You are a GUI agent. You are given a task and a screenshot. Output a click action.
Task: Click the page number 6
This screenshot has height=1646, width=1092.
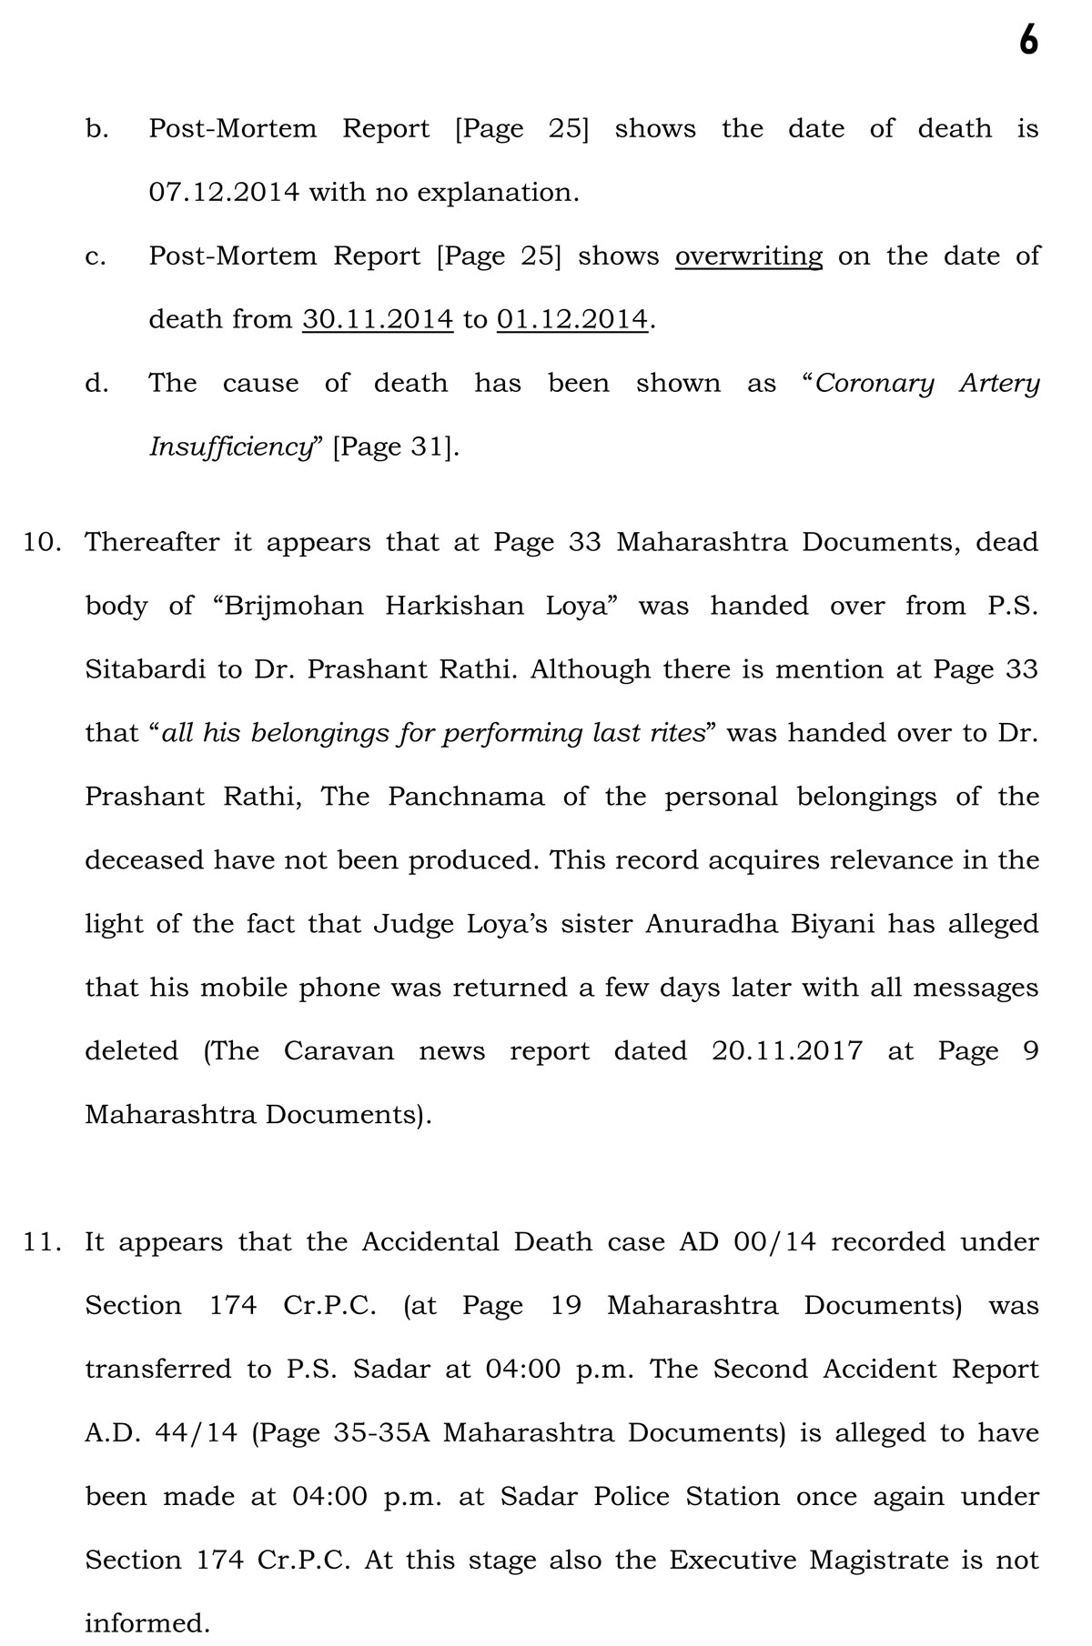(x=1027, y=41)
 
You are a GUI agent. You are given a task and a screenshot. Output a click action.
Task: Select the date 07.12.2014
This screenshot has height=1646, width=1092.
(x=223, y=193)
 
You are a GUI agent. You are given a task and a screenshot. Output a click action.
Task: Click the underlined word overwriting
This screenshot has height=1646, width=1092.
(x=748, y=256)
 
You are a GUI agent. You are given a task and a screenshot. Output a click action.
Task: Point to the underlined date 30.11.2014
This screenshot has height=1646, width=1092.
(x=378, y=320)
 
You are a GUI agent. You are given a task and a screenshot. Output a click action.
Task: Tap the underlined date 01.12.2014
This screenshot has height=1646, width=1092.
(x=572, y=320)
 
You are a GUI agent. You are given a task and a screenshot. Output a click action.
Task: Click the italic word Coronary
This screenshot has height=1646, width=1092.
(x=875, y=384)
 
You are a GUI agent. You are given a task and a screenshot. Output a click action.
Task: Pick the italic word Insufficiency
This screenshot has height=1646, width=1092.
(x=231, y=447)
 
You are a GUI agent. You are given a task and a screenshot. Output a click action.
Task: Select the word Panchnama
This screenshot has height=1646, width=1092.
(x=466, y=798)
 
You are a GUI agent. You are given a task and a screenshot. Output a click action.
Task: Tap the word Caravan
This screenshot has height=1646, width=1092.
(x=339, y=1052)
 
